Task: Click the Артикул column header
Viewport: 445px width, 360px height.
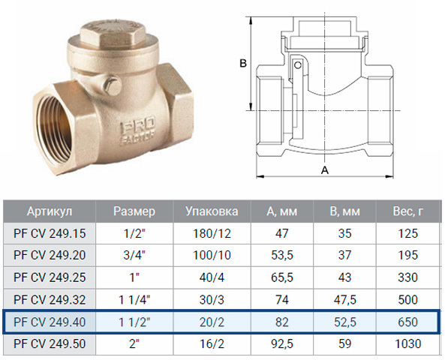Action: coord(50,211)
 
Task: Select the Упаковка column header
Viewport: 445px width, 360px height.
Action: coord(212,211)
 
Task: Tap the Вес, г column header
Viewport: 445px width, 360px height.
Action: coord(407,211)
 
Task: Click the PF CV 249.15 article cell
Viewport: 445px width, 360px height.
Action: coord(50,233)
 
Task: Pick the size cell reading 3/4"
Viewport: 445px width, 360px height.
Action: coord(134,255)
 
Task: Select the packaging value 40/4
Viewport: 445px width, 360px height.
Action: coord(212,277)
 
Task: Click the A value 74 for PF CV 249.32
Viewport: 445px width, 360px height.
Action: coord(282,299)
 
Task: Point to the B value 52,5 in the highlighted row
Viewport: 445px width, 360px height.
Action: coord(344,322)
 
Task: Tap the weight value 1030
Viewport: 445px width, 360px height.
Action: coord(407,343)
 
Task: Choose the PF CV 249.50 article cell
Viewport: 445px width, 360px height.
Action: coord(50,343)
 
